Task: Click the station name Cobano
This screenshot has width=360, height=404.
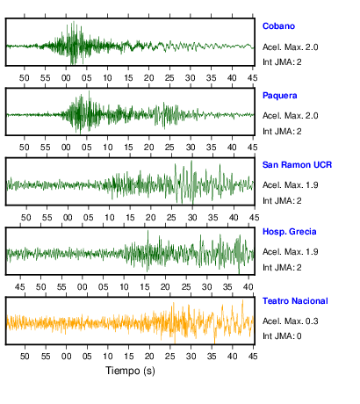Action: tap(278, 26)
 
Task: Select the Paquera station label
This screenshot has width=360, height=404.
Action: tap(279, 96)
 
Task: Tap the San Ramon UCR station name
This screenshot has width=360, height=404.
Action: tap(297, 165)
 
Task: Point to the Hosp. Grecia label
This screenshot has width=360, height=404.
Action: tap(289, 232)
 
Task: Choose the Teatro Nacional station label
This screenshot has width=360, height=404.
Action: tap(295, 301)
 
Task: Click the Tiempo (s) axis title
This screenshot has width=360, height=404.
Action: tap(130, 371)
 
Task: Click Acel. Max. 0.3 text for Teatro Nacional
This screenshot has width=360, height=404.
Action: tap(290, 321)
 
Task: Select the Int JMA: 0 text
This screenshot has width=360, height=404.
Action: tap(282, 336)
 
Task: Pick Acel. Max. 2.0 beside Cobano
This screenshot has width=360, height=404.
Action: tap(290, 47)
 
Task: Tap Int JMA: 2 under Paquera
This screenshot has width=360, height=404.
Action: tap(282, 132)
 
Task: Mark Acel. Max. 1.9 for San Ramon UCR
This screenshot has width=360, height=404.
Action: tap(290, 185)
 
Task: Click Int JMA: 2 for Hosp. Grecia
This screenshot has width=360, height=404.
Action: tap(282, 268)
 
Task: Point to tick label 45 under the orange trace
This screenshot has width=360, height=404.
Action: tap(253, 357)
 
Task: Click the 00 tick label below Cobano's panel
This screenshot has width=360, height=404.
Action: tap(66, 78)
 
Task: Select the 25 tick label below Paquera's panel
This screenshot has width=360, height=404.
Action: tap(169, 148)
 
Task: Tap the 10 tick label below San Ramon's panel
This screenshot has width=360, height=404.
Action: tap(110, 218)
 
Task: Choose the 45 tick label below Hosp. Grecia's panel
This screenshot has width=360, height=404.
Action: tap(20, 287)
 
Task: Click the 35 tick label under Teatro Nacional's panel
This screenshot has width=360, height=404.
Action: tap(212, 357)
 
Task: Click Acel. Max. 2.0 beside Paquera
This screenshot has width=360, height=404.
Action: tap(290, 116)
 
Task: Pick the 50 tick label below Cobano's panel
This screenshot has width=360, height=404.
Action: tap(25, 78)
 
